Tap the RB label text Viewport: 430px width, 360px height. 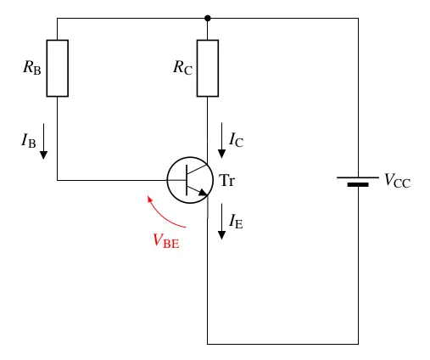click(x=32, y=68)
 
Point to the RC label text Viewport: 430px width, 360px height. click(x=182, y=68)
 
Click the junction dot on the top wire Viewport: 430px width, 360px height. click(x=208, y=19)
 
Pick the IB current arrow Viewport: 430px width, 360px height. click(x=43, y=141)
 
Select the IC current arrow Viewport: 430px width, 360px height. click(x=221, y=140)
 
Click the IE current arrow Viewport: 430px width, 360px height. click(x=221, y=222)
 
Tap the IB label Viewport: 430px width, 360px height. click(x=29, y=140)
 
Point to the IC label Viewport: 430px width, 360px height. click(x=237, y=139)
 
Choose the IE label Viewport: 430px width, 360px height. click(x=236, y=221)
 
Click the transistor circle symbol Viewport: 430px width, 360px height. click(x=167, y=180)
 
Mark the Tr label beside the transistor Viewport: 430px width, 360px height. click(x=226, y=180)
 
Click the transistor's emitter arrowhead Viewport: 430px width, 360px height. click(x=203, y=193)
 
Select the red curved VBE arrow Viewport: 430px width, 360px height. click(x=163, y=216)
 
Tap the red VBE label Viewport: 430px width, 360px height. click(x=166, y=241)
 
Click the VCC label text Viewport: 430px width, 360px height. click(x=397, y=180)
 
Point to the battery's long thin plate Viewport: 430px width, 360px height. click(x=358, y=177)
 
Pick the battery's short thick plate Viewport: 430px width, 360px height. click(x=358, y=185)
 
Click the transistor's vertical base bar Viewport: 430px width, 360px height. click(x=187, y=180)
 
